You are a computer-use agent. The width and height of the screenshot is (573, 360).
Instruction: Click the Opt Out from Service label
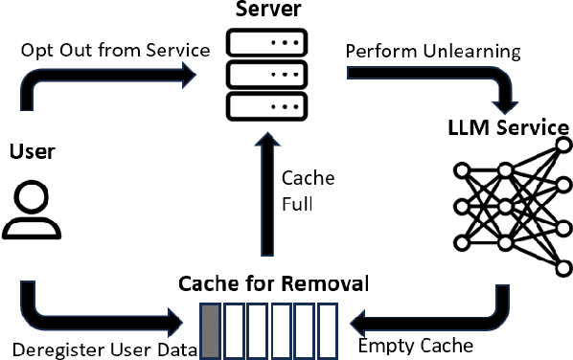[114, 50]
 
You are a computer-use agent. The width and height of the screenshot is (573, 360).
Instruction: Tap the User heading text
[32, 151]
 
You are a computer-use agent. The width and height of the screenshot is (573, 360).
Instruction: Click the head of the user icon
[31, 199]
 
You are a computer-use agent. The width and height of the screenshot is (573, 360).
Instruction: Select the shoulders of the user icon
[31, 228]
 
